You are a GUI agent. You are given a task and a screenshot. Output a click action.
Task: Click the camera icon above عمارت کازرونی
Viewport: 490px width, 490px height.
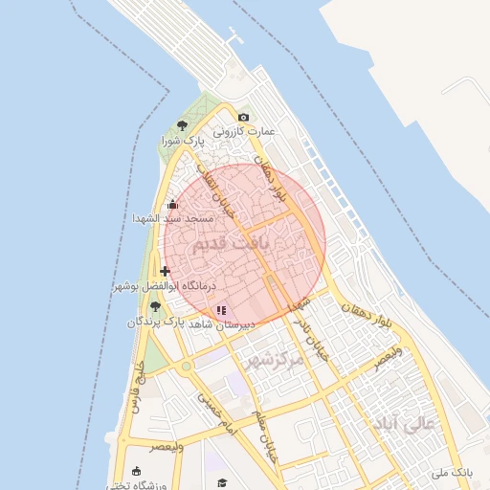tap(243, 118)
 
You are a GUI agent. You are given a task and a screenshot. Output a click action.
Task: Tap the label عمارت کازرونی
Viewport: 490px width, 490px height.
tap(243, 131)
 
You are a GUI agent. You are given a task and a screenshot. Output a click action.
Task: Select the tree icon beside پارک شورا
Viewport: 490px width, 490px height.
tap(183, 125)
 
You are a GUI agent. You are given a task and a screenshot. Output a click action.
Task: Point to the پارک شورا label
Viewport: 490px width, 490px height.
tap(183, 141)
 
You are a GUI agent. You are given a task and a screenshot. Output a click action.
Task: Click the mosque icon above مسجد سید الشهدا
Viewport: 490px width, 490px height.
tap(172, 204)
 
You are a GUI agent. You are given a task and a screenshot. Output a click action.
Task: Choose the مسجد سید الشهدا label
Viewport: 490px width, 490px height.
tap(172, 218)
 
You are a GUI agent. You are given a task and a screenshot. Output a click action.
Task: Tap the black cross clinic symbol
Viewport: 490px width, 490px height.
tap(166, 271)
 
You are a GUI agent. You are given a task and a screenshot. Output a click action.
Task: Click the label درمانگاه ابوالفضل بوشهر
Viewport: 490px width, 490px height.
tap(166, 285)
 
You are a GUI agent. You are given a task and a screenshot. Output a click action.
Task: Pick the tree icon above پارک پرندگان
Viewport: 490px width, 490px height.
tap(155, 306)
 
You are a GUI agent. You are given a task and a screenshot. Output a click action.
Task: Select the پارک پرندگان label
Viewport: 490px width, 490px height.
tap(155, 323)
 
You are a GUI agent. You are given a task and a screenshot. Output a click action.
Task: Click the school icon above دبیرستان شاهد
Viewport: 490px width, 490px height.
tap(221, 310)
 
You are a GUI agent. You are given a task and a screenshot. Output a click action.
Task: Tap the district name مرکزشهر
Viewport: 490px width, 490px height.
tap(273, 360)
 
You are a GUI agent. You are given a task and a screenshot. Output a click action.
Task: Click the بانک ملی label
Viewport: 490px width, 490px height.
tap(453, 472)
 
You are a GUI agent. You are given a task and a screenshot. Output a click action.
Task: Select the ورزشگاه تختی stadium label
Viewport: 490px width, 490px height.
tap(134, 483)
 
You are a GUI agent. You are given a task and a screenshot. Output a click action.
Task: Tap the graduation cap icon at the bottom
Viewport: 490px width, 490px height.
tap(222, 483)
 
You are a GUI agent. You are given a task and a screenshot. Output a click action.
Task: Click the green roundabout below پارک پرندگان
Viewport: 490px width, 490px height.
tap(186, 366)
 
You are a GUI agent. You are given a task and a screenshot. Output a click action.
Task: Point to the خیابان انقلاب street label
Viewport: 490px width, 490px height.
tap(219, 190)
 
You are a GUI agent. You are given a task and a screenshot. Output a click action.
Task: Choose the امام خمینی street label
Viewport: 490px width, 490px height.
tap(218, 409)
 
